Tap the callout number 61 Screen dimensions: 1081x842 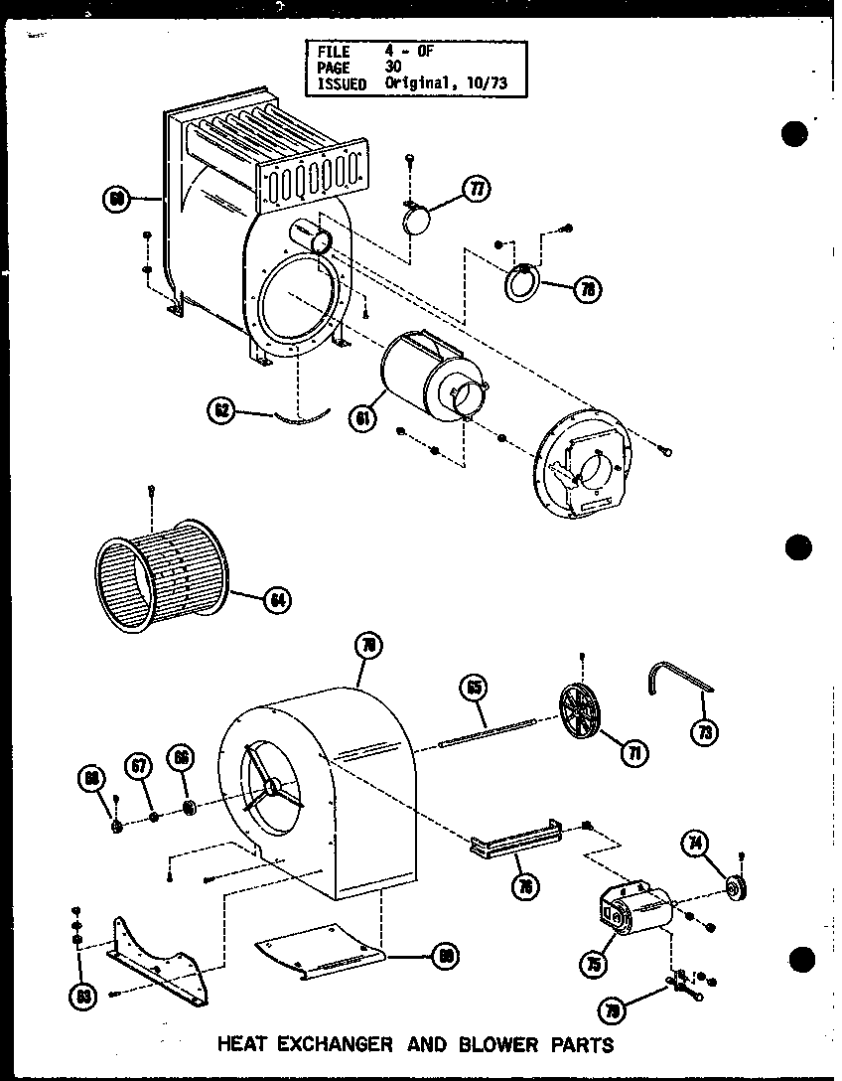(363, 420)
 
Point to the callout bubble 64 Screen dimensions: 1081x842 (277, 599)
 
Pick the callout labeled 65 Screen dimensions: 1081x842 (474, 688)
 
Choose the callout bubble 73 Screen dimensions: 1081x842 (704, 732)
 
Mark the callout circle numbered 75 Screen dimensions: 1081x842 (595, 963)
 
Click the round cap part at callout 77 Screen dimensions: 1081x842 (417, 218)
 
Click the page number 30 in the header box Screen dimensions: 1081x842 (394, 68)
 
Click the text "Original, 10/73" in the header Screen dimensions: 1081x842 (445, 84)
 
